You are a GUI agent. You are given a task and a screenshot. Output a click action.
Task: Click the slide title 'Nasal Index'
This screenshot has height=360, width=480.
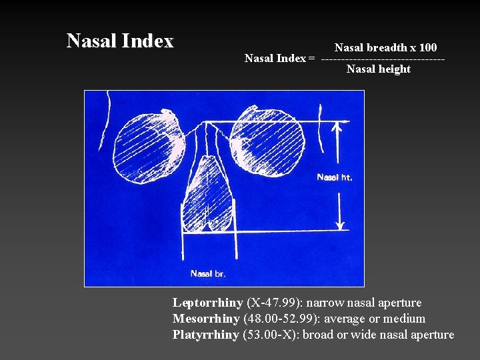click(x=120, y=41)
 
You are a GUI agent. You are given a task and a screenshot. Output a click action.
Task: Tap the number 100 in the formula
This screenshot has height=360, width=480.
click(x=427, y=47)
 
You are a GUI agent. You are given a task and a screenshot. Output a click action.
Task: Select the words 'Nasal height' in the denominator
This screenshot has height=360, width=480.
click(x=379, y=69)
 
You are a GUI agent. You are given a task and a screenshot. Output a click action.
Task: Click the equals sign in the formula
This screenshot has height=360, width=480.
click(x=311, y=58)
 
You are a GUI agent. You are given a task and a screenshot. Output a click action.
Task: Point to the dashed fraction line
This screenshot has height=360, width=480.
click(x=383, y=58)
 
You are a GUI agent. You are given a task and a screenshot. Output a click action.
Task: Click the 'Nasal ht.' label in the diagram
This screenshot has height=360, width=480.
click(x=335, y=177)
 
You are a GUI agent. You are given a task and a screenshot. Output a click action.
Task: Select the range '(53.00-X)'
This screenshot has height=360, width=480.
click(x=269, y=335)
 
